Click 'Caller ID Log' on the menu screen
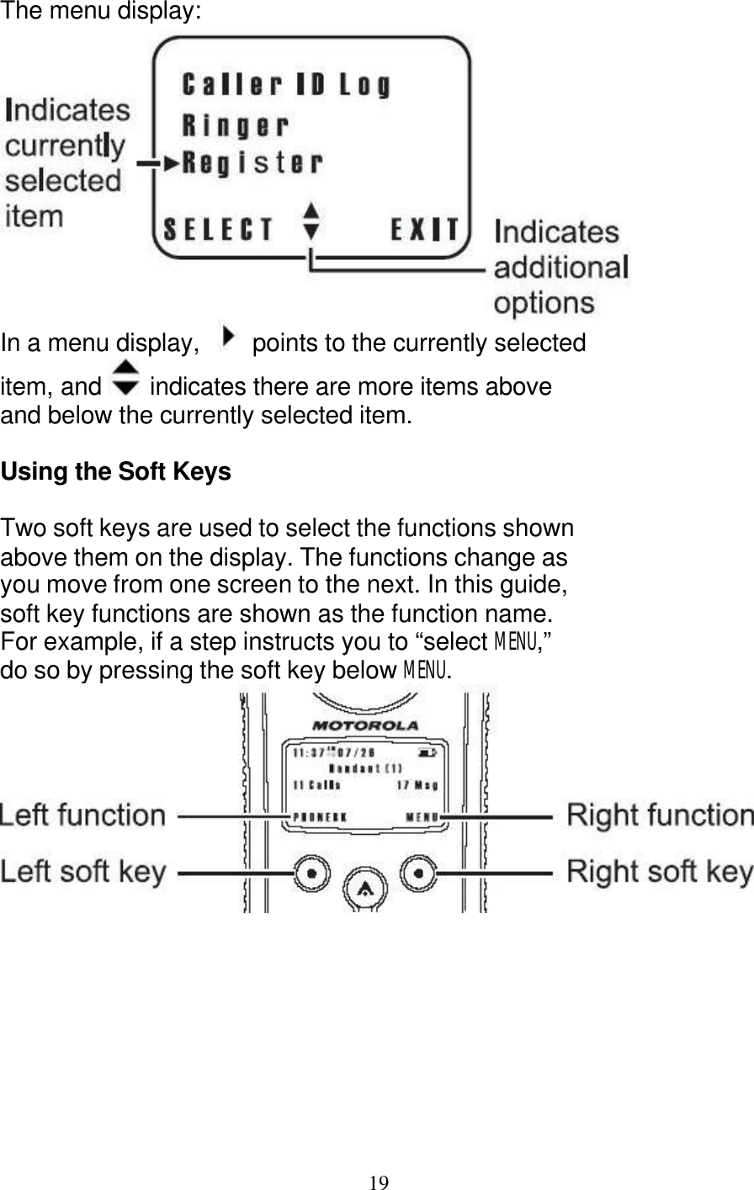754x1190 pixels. click(286, 85)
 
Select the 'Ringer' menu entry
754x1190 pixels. click(236, 126)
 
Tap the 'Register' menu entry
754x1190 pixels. click(252, 162)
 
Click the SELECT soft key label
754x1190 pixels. click(218, 230)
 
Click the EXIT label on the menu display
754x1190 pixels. click(426, 230)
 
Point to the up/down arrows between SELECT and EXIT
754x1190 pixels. click(311, 220)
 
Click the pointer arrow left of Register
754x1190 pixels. click(171, 162)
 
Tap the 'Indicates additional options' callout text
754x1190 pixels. click(560, 267)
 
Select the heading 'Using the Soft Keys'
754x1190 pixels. click(116, 472)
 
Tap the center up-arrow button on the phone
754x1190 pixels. click(365, 886)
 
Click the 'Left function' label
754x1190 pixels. click(82, 815)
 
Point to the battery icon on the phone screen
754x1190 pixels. click(427, 752)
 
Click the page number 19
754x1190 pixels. click(379, 1182)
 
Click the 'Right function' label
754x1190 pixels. click(660, 815)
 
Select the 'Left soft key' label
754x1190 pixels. click(82, 872)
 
